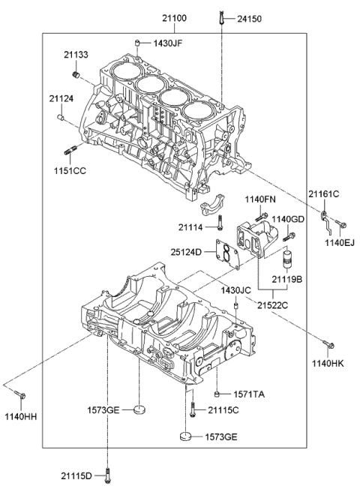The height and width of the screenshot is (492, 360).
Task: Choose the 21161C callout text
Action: [x=323, y=194]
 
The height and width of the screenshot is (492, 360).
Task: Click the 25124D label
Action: [x=186, y=252]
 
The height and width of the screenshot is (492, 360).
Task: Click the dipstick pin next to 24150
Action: [x=223, y=18]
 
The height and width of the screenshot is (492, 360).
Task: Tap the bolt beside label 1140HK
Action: [x=328, y=345]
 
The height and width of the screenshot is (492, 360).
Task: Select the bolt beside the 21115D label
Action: [x=109, y=474]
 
